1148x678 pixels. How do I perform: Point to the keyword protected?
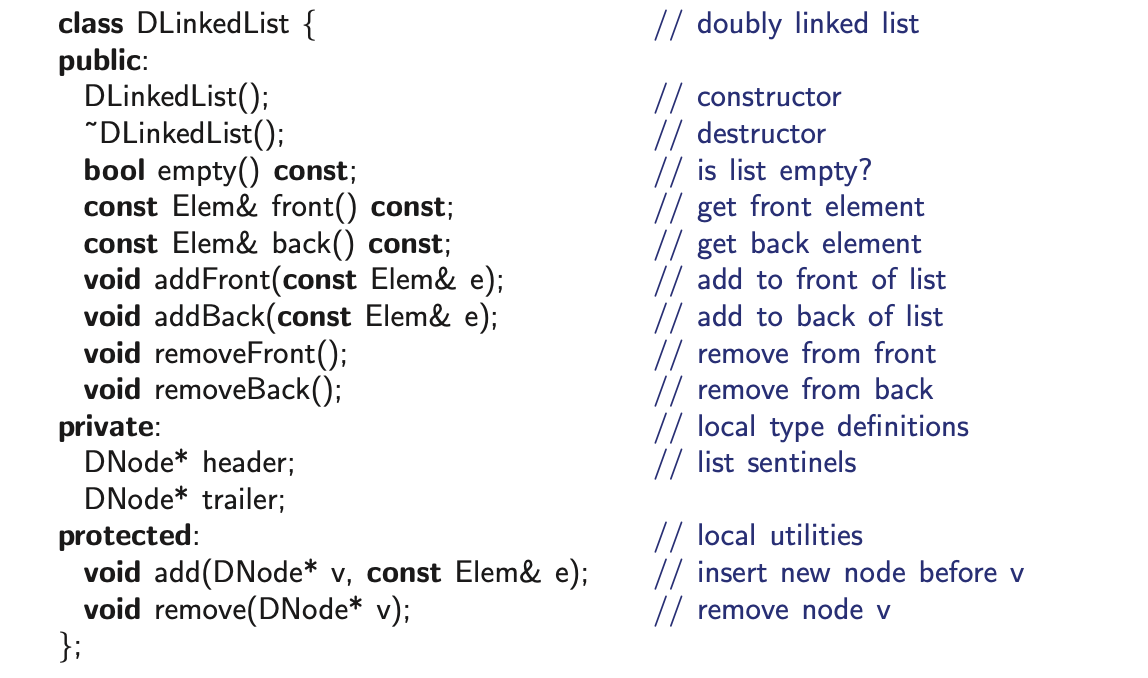coord(124,536)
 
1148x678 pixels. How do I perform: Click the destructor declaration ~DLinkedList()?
coord(177,134)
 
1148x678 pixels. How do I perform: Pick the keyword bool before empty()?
coord(113,170)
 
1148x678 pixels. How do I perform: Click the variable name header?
coord(248,463)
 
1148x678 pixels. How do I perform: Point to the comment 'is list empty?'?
coord(784,170)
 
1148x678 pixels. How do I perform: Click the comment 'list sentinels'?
coord(776,463)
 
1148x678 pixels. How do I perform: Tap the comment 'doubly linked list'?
coord(807,24)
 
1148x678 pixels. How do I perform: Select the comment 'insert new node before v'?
coord(860,573)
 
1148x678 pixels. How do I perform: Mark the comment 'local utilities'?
coord(779,536)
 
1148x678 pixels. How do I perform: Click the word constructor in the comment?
coord(769,97)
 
